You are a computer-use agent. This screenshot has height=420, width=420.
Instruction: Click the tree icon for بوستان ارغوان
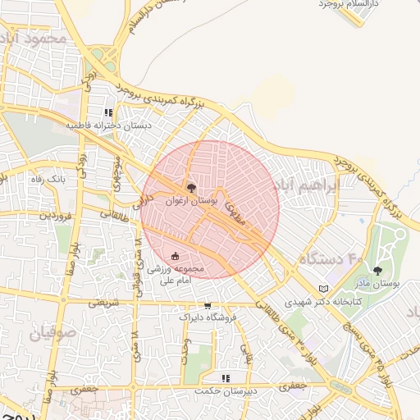pyautogui.click(x=192, y=186)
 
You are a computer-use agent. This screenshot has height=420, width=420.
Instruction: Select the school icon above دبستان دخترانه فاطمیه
pyautogui.click(x=107, y=113)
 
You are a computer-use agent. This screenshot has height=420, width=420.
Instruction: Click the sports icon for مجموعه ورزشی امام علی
pyautogui.click(x=175, y=255)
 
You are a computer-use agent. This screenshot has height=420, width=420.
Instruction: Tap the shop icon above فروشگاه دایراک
pyautogui.click(x=208, y=305)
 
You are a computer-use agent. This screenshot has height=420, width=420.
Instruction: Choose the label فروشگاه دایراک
pyautogui.click(x=208, y=317)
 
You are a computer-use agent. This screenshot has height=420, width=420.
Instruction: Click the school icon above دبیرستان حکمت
pyautogui.click(x=226, y=378)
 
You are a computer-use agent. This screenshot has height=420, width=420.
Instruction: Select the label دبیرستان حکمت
pyautogui.click(x=226, y=391)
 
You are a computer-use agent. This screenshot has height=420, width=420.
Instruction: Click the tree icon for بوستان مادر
pyautogui.click(x=377, y=270)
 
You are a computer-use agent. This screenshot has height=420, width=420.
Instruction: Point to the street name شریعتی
pyautogui.click(x=103, y=303)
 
